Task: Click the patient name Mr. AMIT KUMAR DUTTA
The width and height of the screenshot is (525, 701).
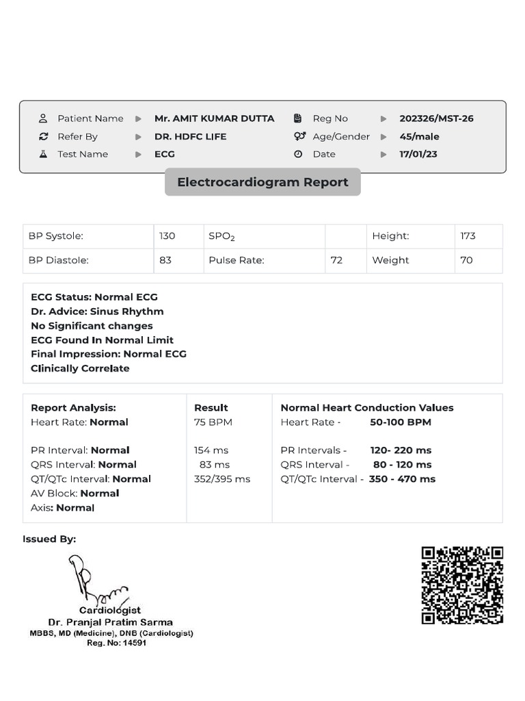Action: pyautogui.click(x=214, y=118)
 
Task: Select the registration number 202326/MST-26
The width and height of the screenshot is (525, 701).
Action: pyautogui.click(x=436, y=118)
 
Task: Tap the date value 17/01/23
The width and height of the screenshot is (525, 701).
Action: pyautogui.click(x=418, y=154)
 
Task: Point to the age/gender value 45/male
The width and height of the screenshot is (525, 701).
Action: pyautogui.click(x=419, y=136)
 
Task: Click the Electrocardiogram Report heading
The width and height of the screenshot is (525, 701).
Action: pyautogui.click(x=262, y=182)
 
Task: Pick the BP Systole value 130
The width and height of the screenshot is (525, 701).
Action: pyautogui.click(x=167, y=236)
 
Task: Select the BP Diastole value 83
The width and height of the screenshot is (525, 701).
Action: pyautogui.click(x=165, y=260)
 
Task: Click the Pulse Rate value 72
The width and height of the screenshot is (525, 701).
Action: pyautogui.click(x=336, y=260)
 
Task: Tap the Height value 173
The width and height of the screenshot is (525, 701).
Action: pyautogui.click(x=468, y=236)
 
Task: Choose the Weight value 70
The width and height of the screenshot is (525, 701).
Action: pyautogui.click(x=466, y=260)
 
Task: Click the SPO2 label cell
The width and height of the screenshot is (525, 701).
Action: pyautogui.click(x=221, y=237)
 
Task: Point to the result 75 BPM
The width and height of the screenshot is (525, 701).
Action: pyautogui.click(x=213, y=422)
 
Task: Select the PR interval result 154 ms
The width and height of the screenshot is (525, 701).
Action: pyautogui.click(x=211, y=450)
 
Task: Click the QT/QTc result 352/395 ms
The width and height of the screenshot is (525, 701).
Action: pyautogui.click(x=222, y=479)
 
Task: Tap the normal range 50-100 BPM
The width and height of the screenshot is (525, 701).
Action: pyautogui.click(x=401, y=422)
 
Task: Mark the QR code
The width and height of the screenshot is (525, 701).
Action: pyautogui.click(x=462, y=585)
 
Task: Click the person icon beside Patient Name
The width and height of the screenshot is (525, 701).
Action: pyautogui.click(x=43, y=118)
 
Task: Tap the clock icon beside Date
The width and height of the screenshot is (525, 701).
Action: pyautogui.click(x=298, y=154)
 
